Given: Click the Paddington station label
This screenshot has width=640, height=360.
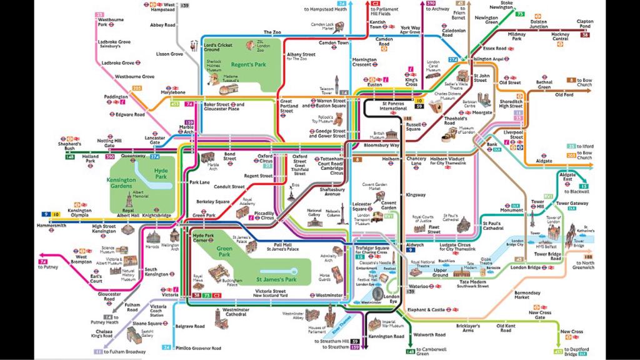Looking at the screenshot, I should (116, 97).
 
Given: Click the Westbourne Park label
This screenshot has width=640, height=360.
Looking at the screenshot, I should (111, 22).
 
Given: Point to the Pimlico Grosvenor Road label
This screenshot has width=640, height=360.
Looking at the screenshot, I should (198, 347).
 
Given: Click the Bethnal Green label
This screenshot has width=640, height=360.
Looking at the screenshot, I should (544, 84).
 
